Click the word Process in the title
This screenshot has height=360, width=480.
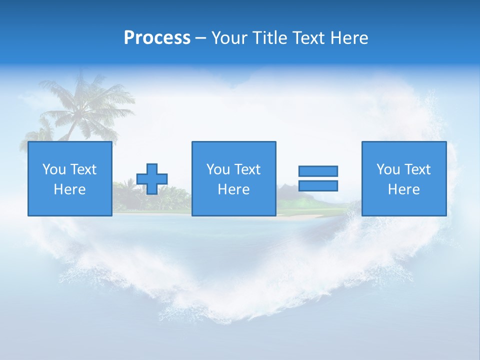point(157,38)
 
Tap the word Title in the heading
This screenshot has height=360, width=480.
point(270,38)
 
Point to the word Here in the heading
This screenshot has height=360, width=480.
point(348,38)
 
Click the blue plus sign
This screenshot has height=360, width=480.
point(152,179)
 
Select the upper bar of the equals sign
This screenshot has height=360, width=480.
point(318,171)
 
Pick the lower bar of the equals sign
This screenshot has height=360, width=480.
point(318,186)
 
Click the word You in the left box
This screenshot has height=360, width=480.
point(53,169)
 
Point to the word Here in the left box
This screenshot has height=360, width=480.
point(70,189)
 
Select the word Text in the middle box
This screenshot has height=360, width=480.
point(248,169)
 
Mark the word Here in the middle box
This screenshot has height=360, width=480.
point(234,189)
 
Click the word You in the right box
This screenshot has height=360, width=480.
point(387,169)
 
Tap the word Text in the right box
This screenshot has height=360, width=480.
point(418,169)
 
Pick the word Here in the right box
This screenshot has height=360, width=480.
point(404,189)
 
